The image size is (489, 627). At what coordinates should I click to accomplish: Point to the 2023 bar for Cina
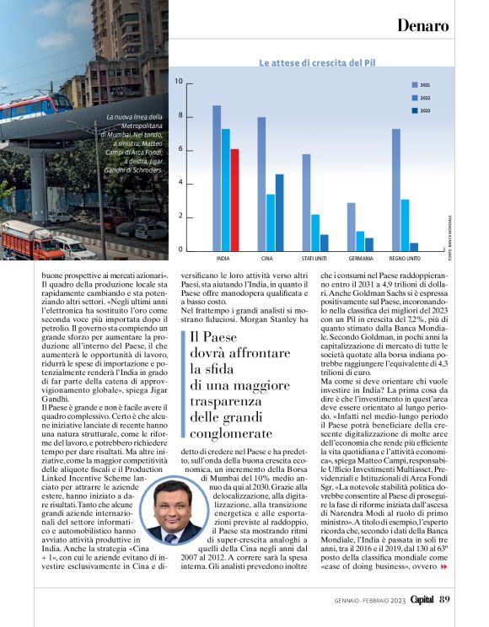279,212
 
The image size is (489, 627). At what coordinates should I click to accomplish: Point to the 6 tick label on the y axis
179,149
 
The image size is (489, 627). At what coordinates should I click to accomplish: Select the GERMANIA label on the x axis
360,258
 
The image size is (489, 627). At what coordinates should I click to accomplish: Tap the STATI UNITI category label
315,258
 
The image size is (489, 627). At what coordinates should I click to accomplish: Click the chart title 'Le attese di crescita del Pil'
316,63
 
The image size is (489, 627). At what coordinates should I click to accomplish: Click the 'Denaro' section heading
422,25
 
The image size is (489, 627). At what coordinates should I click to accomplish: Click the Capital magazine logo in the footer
421,600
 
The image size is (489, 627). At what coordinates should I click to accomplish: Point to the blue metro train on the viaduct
34,106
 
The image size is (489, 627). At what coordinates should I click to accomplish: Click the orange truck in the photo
30,239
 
